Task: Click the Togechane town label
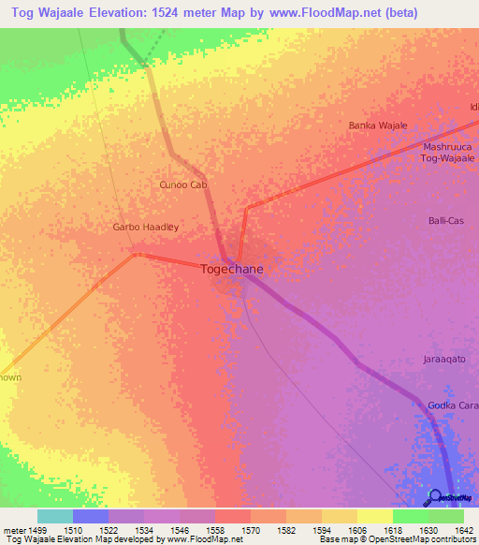click(x=232, y=269)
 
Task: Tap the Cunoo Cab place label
click(x=182, y=184)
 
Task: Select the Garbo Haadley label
click(x=145, y=228)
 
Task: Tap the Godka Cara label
click(x=453, y=405)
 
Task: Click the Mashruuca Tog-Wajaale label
click(x=449, y=153)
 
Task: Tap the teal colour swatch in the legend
click(x=55, y=516)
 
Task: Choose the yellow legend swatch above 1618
click(x=374, y=516)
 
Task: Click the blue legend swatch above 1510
click(x=91, y=516)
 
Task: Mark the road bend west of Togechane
click(x=138, y=254)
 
